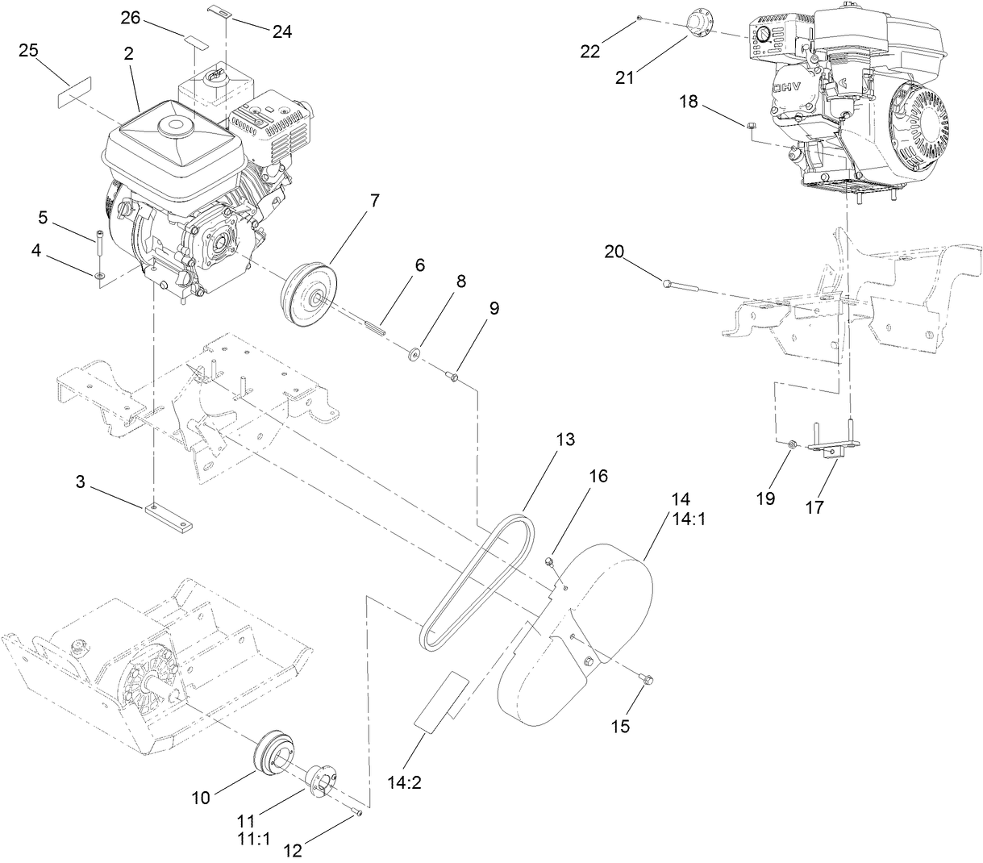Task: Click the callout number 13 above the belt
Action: point(565,440)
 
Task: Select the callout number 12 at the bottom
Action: point(294,849)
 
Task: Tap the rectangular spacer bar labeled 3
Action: point(169,519)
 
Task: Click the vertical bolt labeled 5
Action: point(99,242)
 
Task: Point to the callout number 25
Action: point(29,52)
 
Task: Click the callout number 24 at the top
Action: point(281,31)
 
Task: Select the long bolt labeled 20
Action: point(681,285)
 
